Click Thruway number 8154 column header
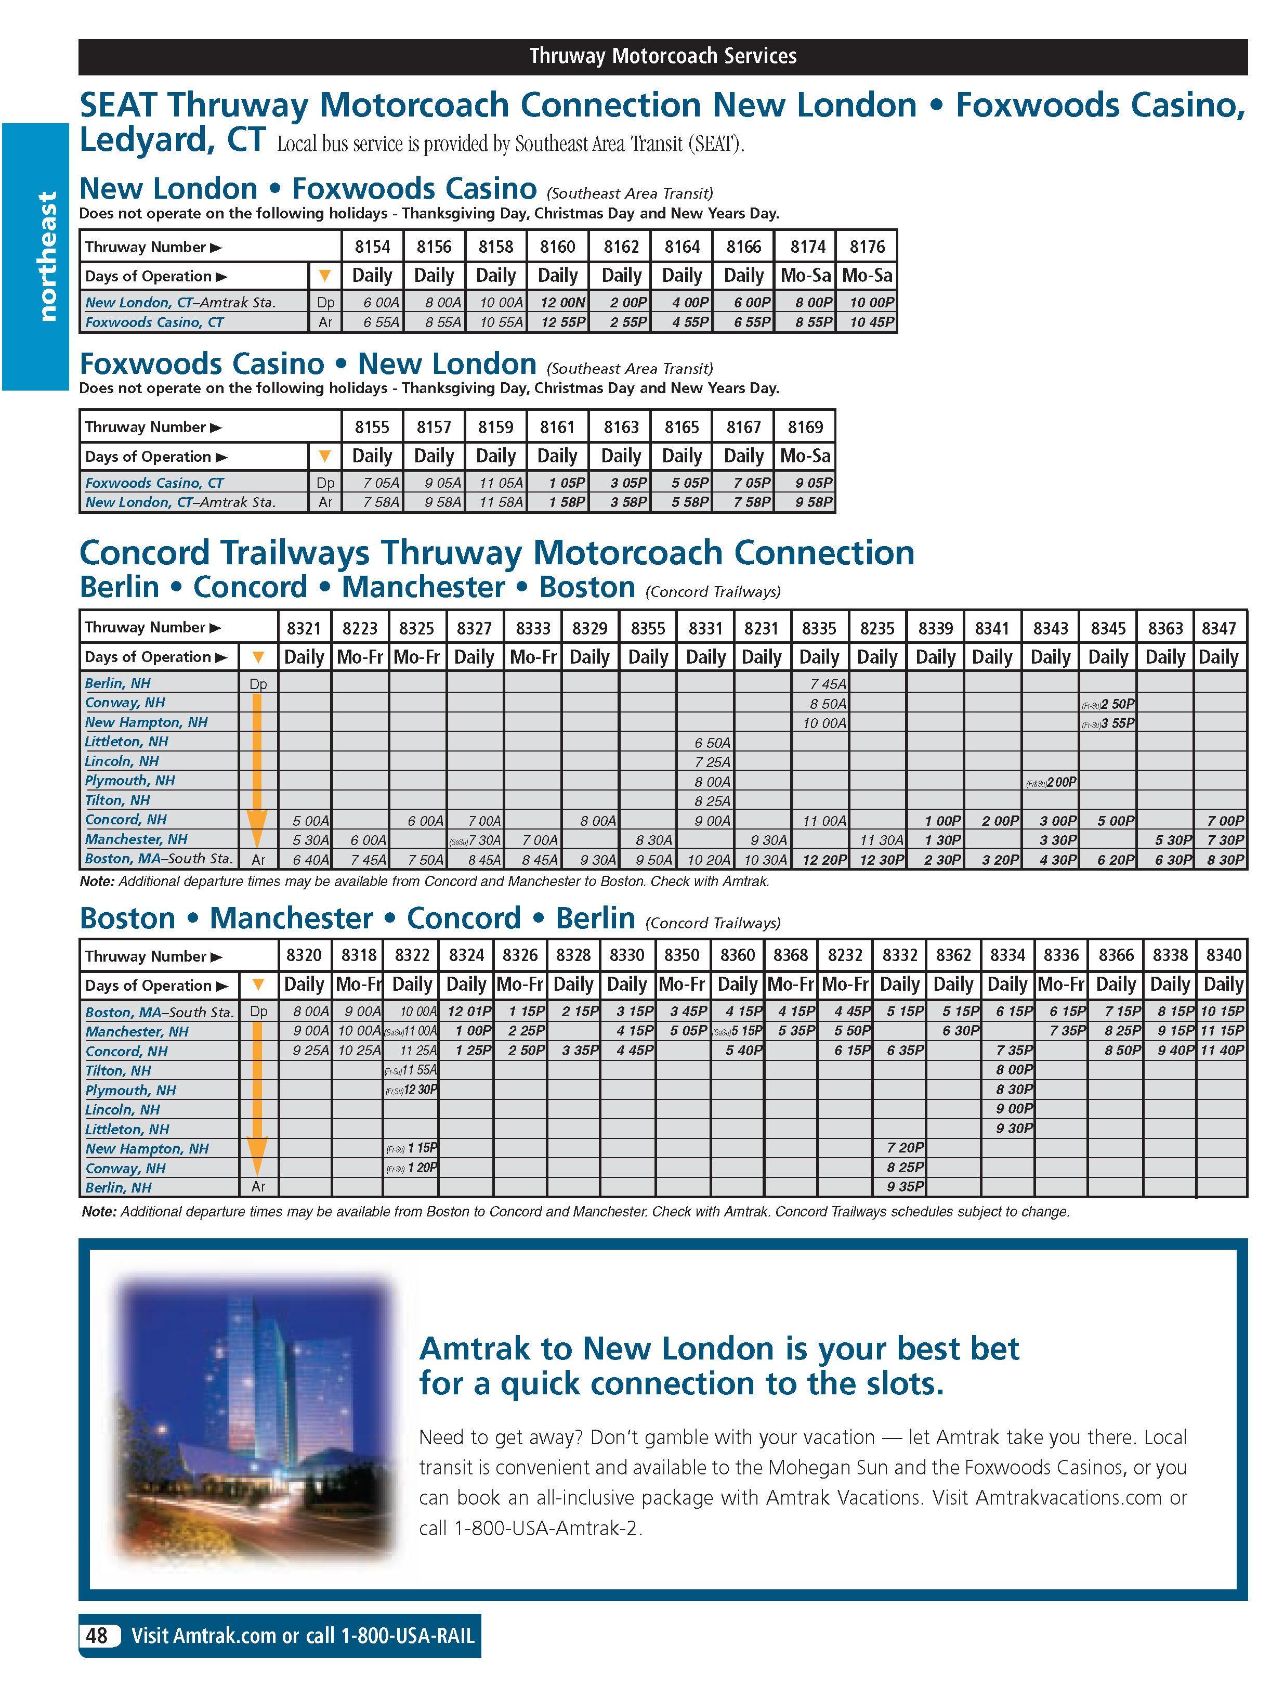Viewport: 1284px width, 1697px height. [372, 247]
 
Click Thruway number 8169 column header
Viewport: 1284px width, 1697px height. [805, 426]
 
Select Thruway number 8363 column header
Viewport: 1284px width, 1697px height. [1165, 628]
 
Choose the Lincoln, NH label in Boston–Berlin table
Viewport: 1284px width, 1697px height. [123, 1109]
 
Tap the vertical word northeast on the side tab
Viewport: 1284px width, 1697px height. [47, 256]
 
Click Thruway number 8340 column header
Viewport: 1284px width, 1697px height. [1223, 955]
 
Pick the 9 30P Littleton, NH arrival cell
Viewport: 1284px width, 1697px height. [1014, 1129]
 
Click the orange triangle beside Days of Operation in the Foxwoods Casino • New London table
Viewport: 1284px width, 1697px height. [324, 457]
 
